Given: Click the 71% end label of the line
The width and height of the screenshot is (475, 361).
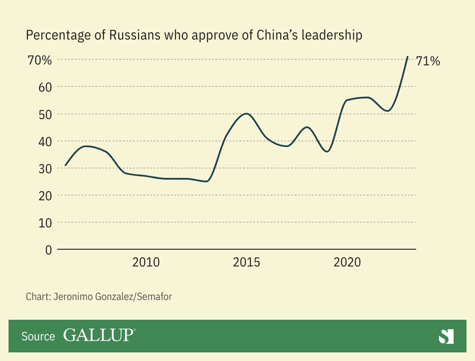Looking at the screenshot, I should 428,61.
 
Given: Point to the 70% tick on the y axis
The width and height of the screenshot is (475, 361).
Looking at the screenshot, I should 40,60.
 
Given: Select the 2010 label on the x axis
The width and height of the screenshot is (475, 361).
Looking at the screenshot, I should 146,262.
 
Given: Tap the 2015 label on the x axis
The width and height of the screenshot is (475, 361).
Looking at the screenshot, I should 246,262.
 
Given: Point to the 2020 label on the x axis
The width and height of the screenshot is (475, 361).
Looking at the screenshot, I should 347,262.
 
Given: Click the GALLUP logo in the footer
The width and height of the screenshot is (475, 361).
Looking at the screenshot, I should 99,336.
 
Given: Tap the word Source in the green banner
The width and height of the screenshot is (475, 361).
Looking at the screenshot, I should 39,337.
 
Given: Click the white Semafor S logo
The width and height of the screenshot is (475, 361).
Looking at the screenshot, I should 446,336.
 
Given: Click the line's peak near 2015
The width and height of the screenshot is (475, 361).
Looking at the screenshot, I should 246,114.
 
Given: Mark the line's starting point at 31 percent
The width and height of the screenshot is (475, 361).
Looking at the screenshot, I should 65,165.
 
